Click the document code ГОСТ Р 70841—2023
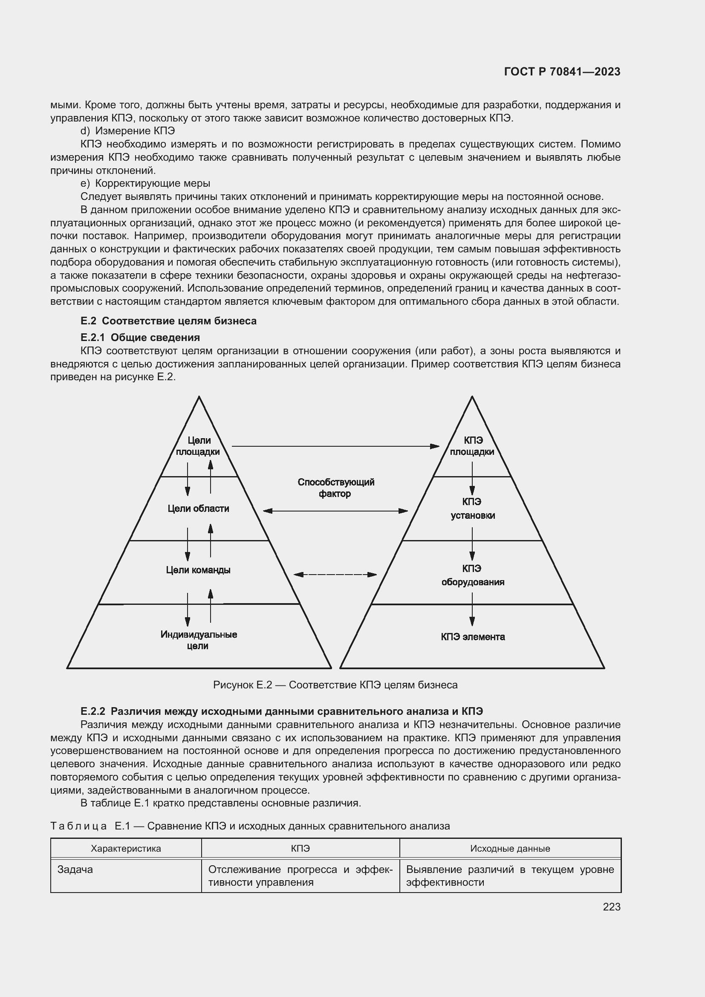[x=562, y=72]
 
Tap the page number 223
[x=611, y=907]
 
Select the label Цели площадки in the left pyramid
[x=198, y=446]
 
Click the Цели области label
[x=198, y=509]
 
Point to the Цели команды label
[x=198, y=570]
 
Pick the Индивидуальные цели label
[x=198, y=640]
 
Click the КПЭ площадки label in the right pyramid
[x=472, y=446]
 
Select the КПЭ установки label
[x=472, y=509]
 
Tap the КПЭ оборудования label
[x=472, y=575]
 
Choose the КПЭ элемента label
[x=472, y=637]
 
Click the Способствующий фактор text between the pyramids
[x=335, y=488]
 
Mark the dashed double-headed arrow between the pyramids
[x=335, y=575]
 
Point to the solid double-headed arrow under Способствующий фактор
[x=335, y=511]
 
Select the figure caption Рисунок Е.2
[x=335, y=685]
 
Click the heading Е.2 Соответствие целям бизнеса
[x=168, y=321]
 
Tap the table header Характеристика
[x=126, y=848]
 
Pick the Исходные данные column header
[x=510, y=848]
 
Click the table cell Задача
[x=75, y=869]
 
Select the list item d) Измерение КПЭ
[x=127, y=131]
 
